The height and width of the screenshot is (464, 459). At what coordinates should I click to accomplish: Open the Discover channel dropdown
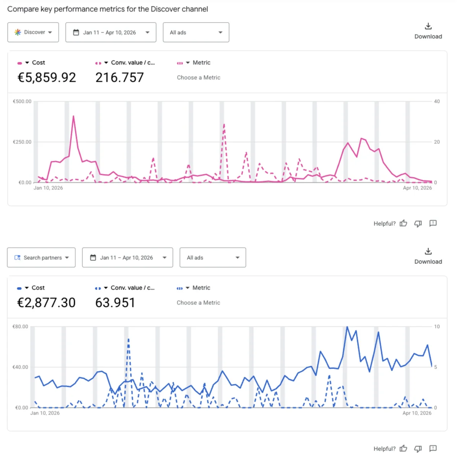[x=33, y=32]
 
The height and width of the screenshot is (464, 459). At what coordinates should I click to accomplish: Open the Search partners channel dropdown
[x=41, y=258]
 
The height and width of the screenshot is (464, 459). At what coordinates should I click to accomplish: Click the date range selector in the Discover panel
[x=111, y=32]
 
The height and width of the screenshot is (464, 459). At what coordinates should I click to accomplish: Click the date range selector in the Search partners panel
[x=127, y=258]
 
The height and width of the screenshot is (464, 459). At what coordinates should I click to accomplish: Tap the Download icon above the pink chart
[x=428, y=26]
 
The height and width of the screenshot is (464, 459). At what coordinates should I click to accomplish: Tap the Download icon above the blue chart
[x=428, y=251]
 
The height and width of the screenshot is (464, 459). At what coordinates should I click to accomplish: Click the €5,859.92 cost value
[x=47, y=78]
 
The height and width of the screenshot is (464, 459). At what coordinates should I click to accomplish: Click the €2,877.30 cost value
[x=46, y=303]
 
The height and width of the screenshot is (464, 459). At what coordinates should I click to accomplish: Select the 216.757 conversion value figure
[x=119, y=78]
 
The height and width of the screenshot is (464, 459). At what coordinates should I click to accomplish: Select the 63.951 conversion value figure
[x=115, y=303]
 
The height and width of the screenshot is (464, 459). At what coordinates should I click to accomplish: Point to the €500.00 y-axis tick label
[x=22, y=102]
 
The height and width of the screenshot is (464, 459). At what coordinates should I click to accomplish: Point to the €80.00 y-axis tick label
[x=20, y=327]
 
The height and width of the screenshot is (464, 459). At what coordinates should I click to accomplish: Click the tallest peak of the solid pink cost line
[x=73, y=116]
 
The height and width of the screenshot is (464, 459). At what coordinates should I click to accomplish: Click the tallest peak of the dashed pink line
[x=224, y=124]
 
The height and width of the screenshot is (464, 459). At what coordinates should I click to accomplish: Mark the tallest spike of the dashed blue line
[x=129, y=339]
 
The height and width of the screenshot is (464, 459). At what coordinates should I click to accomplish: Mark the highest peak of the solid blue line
[x=347, y=327]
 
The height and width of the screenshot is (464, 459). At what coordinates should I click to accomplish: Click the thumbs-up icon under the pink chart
[x=403, y=223]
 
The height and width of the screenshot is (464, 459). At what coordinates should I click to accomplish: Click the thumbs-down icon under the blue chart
[x=418, y=449]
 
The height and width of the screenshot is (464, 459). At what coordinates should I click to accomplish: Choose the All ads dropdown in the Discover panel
[x=196, y=32]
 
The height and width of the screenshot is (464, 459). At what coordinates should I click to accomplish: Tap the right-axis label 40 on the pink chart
[x=437, y=102]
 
